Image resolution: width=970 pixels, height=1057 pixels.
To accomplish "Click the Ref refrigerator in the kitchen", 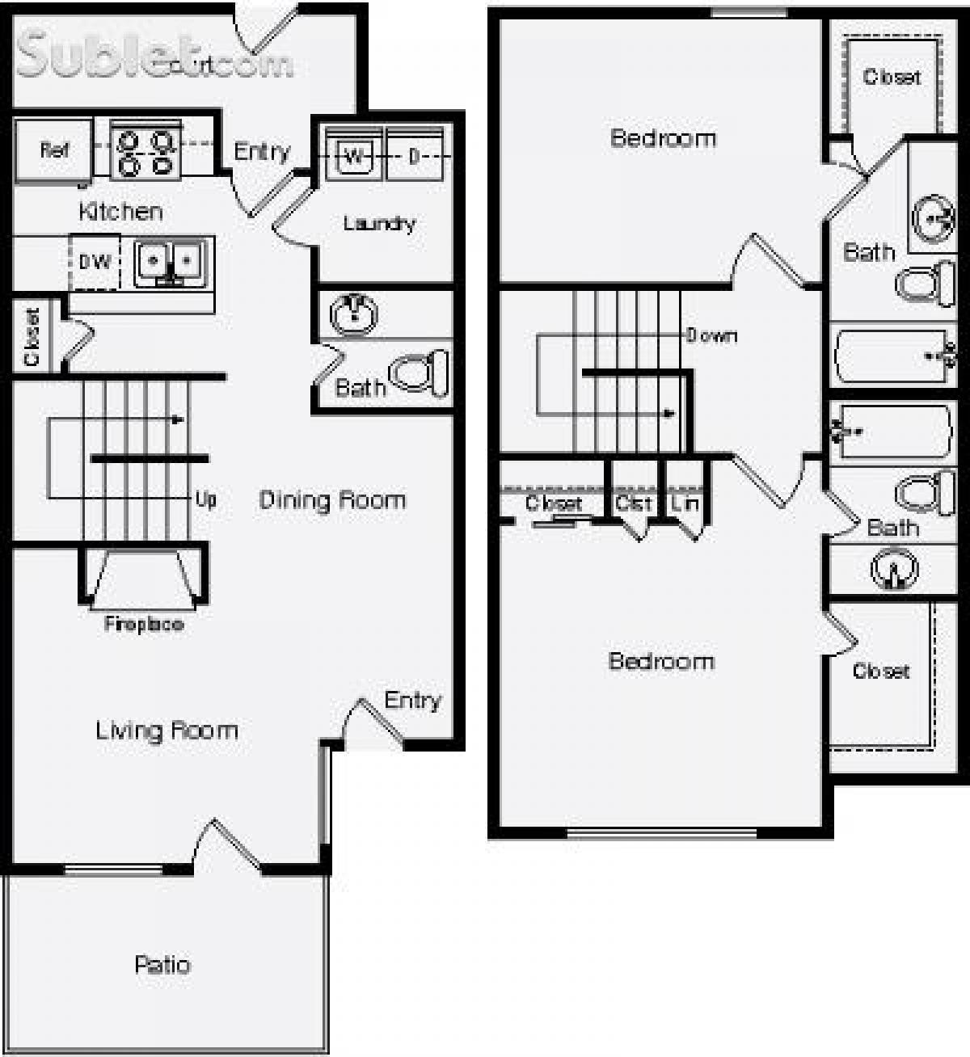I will coord(53,150).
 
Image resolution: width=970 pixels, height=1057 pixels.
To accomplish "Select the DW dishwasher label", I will coord(95,262).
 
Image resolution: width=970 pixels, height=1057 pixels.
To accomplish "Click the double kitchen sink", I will coord(171,263).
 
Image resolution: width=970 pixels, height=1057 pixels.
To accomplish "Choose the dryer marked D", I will coord(415,156).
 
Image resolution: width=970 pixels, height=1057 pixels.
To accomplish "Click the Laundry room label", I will coord(379,224).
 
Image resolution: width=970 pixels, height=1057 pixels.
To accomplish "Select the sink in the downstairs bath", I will coord(353,314).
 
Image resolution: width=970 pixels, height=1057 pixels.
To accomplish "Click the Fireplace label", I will coord(143,624).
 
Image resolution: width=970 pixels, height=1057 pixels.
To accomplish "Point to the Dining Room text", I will coord(332,500).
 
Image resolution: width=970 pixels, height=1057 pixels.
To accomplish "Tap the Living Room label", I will coord(167,731).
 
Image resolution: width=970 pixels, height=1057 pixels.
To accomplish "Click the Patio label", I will coord(162,964).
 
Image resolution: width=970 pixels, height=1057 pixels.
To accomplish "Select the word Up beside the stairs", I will coord(205,499).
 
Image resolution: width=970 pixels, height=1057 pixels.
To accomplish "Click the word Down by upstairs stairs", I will coord(711,335).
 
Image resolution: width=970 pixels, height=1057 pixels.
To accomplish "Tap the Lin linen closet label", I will coord(685,503).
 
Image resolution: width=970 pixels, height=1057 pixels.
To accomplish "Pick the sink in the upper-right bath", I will coord(933,217).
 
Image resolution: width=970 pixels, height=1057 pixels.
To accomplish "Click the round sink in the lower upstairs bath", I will coord(894,568).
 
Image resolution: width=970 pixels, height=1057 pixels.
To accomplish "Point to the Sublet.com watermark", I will coord(154,57).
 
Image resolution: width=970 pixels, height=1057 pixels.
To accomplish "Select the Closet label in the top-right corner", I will coord(892,77).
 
